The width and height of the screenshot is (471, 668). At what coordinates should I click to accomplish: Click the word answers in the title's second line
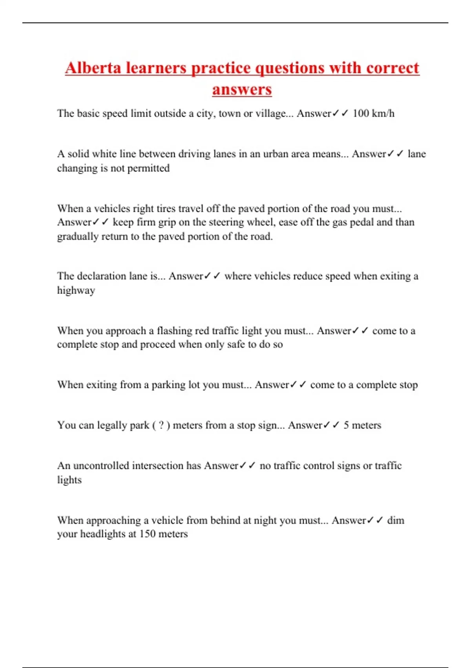pos(242,89)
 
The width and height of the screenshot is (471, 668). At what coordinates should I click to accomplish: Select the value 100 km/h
pos(373,114)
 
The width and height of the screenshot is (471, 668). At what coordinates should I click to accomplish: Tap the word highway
pos(76,290)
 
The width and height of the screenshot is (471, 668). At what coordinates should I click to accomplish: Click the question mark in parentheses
pos(161,425)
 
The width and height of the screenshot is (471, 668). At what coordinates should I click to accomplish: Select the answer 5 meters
pos(362,425)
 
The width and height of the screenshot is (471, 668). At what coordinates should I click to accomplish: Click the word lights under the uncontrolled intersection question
pos(69,480)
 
